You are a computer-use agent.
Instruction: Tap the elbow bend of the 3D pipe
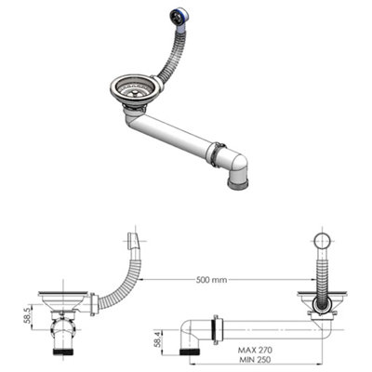tap(236, 164)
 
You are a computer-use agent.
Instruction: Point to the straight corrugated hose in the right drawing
tap(322, 274)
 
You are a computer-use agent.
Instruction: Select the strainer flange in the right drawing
tap(322, 297)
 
